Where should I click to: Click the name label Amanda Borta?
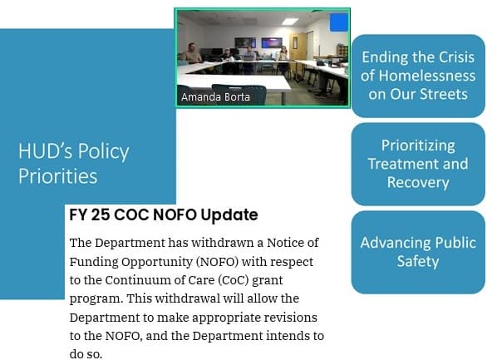215,97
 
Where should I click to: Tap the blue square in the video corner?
337,22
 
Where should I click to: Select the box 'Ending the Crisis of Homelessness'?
418,76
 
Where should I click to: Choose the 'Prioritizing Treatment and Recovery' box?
418,164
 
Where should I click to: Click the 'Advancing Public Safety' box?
418,252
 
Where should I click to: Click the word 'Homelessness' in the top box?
418,76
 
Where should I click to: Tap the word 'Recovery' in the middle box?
418,182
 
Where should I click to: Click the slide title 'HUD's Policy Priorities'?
73,164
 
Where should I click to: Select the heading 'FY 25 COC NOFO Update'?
164,215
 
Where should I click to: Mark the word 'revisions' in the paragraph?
288,318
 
